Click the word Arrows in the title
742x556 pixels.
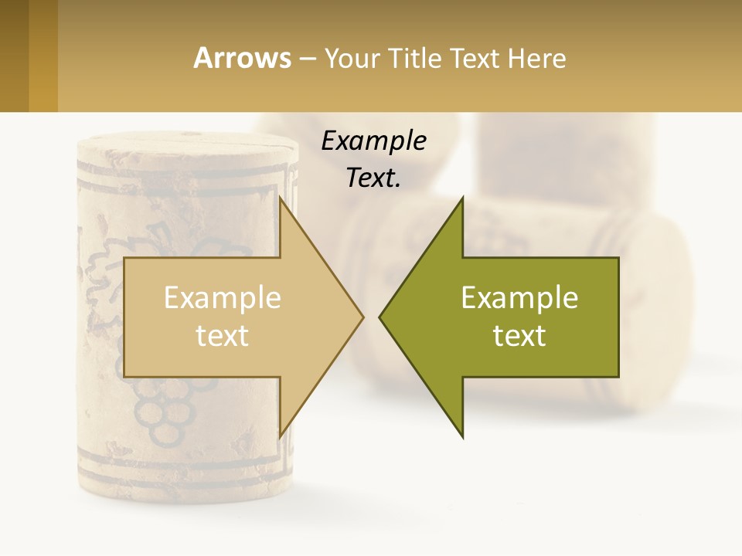click(243, 58)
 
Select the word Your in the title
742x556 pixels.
click(350, 59)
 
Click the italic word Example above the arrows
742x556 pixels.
click(373, 141)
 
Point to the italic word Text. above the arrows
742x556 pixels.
click(373, 178)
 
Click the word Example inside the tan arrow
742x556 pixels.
click(223, 298)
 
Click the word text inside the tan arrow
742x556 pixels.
click(223, 336)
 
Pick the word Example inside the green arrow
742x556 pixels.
click(519, 298)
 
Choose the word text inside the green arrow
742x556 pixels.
click(519, 336)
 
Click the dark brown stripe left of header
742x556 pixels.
click(14, 56)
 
